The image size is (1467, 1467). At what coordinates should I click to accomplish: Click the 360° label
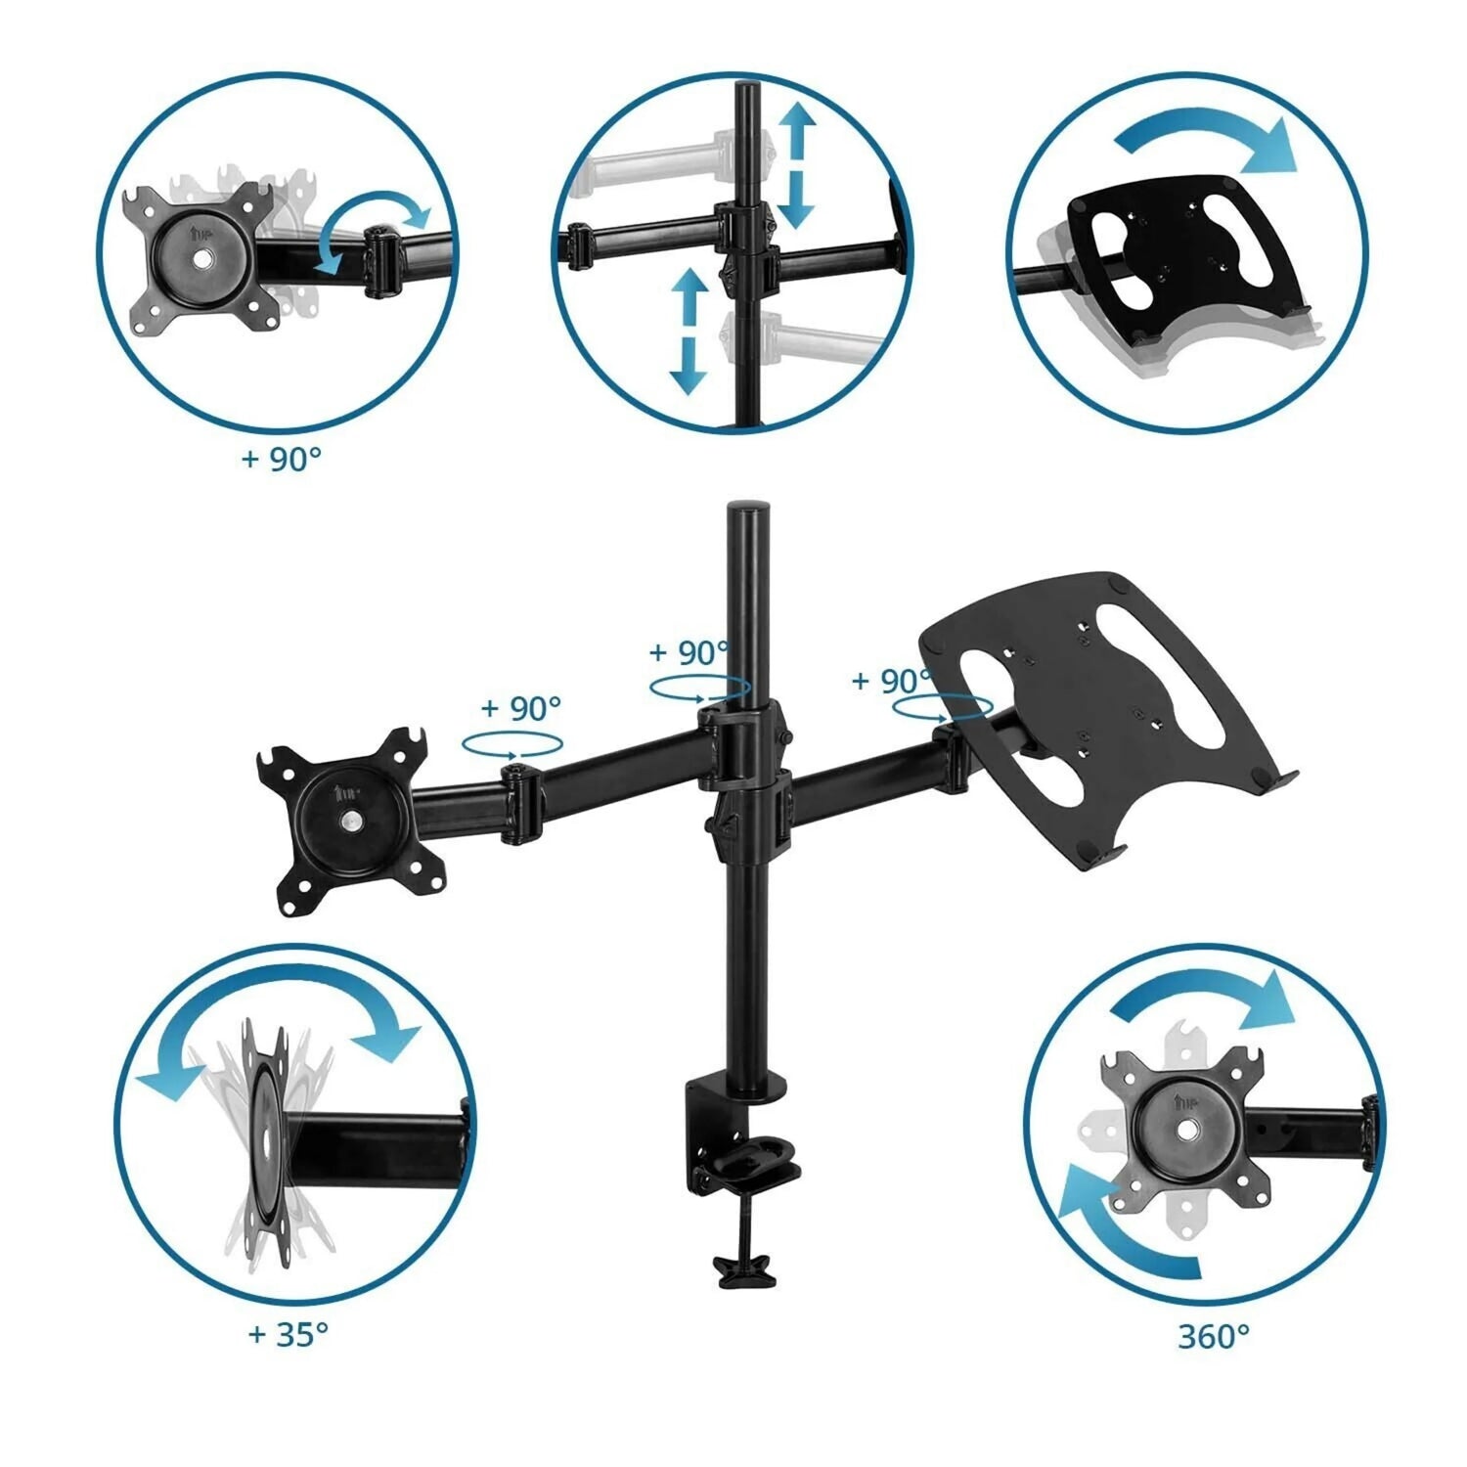tap(1214, 1336)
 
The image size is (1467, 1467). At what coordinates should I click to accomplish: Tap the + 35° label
tap(288, 1333)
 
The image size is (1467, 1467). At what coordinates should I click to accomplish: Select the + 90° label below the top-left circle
tap(282, 459)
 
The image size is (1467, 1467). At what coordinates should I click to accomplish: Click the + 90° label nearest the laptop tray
tap(891, 681)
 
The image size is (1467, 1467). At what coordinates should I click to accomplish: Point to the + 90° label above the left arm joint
tap(521, 707)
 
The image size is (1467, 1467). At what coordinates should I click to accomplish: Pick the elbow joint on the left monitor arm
tap(519, 804)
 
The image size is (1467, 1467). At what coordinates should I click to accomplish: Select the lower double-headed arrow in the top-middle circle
tap(689, 331)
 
